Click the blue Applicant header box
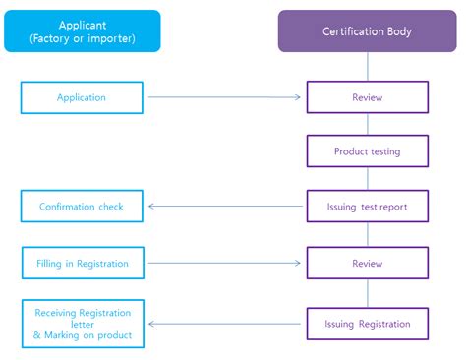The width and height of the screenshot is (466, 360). pyautogui.click(x=82, y=31)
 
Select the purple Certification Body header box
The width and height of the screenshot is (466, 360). pyautogui.click(x=368, y=31)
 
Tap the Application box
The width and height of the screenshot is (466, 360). pyautogui.click(x=82, y=97)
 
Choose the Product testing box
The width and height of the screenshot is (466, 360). pyautogui.click(x=368, y=151)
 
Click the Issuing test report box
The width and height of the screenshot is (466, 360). pyautogui.click(x=368, y=207)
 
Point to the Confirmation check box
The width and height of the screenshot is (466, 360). pyautogui.click(x=82, y=207)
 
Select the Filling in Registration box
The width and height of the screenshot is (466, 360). pyautogui.click(x=82, y=264)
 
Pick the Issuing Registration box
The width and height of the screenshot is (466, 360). pyautogui.click(x=368, y=323)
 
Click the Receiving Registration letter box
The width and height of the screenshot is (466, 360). pyautogui.click(x=82, y=324)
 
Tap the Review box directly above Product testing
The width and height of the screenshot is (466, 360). pyautogui.click(x=368, y=97)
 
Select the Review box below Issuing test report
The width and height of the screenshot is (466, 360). pyautogui.click(x=368, y=264)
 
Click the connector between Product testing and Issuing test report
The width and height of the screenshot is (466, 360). pyautogui.click(x=368, y=178)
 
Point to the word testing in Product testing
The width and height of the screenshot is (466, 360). pyautogui.click(x=382, y=151)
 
